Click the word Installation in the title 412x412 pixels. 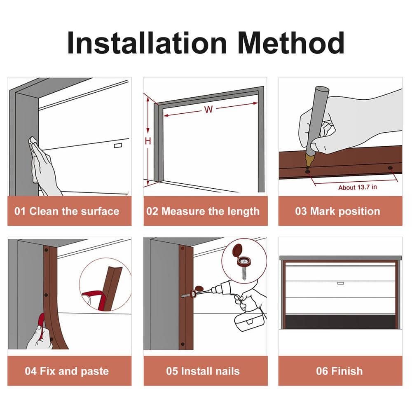[x=147, y=43]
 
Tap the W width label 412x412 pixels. [x=208, y=109]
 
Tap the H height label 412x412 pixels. [x=148, y=141]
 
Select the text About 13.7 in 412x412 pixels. [x=357, y=187]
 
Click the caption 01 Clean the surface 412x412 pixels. [x=67, y=211]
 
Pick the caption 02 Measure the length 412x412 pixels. [x=203, y=211]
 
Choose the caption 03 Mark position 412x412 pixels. [x=338, y=211]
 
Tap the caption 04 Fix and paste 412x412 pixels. [x=67, y=371]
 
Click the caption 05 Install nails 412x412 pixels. [x=203, y=371]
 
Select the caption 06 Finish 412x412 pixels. [x=339, y=371]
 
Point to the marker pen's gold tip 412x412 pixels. [x=308, y=160]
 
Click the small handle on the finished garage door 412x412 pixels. [x=341, y=283]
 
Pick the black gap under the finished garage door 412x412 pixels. [x=341, y=322]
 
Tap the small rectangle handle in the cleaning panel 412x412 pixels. [x=118, y=145]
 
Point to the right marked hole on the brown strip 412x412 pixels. [x=391, y=168]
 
